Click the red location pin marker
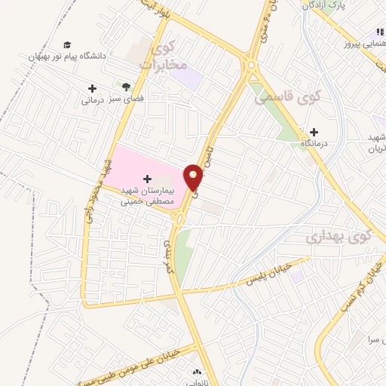point(194,177)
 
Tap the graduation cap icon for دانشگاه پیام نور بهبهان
point(69,44)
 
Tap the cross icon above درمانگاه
point(314,133)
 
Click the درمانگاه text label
point(314,142)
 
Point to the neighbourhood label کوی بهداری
point(339,237)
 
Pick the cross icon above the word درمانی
point(92,88)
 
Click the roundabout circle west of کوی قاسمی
point(250,66)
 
